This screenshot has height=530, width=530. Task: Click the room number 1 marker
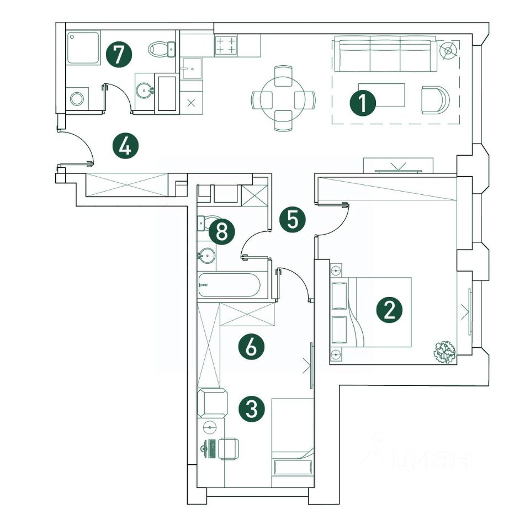(363, 103)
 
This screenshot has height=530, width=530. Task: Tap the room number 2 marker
(389, 310)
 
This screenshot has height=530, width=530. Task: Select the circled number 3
(251, 409)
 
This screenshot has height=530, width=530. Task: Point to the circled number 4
(125, 146)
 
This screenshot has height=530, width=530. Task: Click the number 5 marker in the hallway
(292, 220)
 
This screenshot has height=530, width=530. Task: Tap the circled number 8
(222, 232)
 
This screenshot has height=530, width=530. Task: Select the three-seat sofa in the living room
(385, 54)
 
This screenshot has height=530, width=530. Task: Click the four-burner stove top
(225, 45)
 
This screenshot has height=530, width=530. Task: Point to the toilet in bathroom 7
(161, 49)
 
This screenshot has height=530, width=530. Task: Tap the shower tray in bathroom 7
(83, 48)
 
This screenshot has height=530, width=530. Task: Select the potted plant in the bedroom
(444, 351)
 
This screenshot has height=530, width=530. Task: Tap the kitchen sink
(192, 68)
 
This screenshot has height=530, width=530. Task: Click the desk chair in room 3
(228, 447)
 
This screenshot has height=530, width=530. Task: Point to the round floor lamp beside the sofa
(449, 50)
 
